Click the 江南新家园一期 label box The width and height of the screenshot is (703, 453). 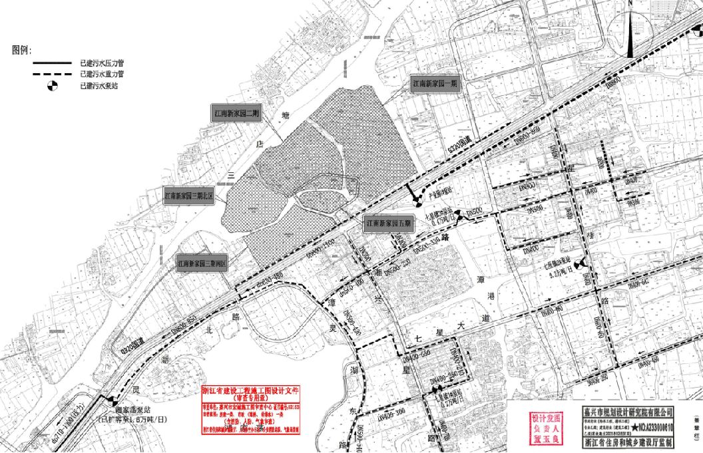[x=435, y=85]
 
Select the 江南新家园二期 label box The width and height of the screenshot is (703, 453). [x=236, y=114]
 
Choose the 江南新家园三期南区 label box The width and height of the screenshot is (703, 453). [x=203, y=264]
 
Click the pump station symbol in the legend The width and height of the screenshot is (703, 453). [x=53, y=85]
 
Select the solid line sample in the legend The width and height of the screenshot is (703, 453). [x=53, y=63]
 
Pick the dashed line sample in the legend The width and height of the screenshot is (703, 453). [x=53, y=74]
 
